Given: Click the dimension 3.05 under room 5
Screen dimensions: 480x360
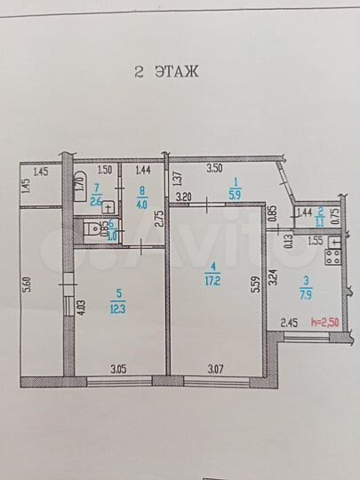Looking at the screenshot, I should tap(119, 367).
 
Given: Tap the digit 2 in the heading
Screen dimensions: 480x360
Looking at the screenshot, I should tap(139, 73).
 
